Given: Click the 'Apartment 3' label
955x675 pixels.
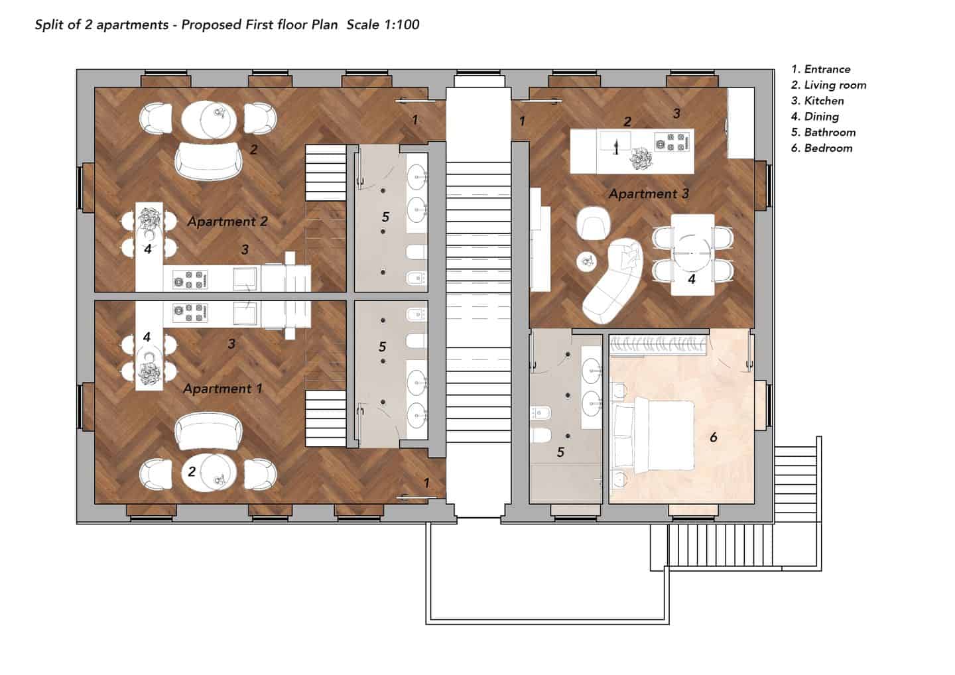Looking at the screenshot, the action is tap(649, 194).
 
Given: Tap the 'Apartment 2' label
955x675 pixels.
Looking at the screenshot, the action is tap(227, 221).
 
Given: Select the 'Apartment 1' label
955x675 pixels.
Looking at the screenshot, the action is tap(223, 389).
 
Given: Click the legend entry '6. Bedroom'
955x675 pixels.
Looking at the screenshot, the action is tap(822, 149).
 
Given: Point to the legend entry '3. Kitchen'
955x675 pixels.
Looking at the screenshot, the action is tap(817, 101).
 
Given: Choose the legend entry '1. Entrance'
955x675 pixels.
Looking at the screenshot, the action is tap(821, 70).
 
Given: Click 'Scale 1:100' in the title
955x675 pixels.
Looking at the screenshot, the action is tap(383, 25).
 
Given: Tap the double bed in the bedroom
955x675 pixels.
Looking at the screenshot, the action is tap(653, 437).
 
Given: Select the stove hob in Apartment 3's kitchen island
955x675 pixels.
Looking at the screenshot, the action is tap(672, 142).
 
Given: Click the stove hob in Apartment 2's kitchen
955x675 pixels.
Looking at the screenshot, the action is tap(190, 279).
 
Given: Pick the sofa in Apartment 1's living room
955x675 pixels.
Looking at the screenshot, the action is tap(208, 431).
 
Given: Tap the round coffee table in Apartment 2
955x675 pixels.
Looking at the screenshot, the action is tap(209, 119).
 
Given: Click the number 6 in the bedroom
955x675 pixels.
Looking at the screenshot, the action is tap(714, 437).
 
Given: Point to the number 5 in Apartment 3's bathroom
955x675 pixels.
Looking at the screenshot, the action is tap(560, 452).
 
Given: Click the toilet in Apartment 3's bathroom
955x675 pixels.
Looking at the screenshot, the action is tap(541, 436).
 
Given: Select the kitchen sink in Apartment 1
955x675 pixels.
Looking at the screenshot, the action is tap(245, 314).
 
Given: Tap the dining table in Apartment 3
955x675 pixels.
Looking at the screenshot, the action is tap(692, 255).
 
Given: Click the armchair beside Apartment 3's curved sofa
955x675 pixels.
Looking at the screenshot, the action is tap(594, 223).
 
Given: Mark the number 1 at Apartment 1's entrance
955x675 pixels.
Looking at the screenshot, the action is tap(426, 483).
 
